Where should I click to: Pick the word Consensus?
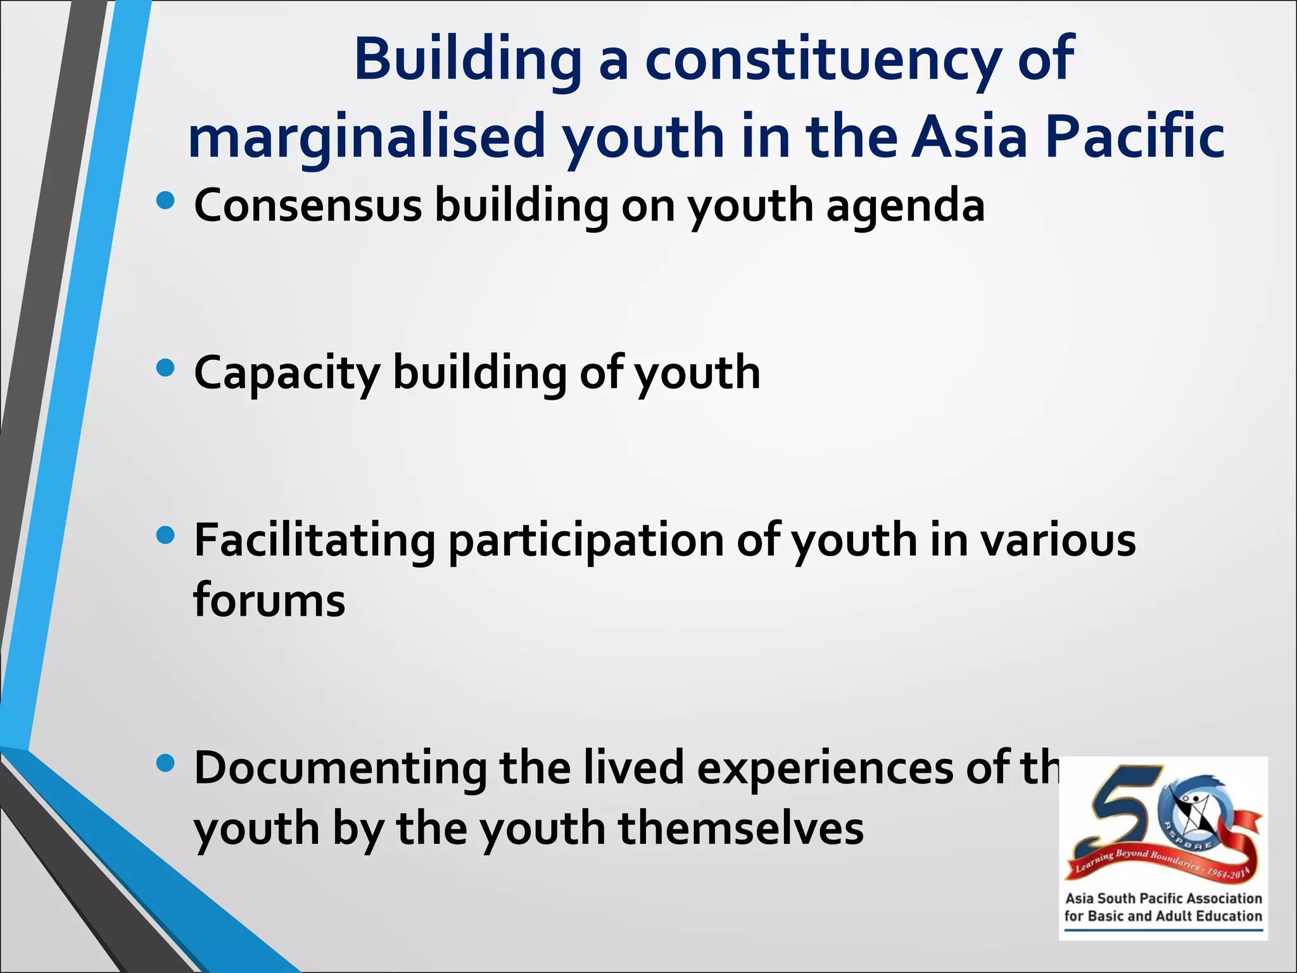click(x=308, y=206)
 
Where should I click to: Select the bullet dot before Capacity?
click(x=165, y=368)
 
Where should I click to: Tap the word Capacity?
click(x=286, y=374)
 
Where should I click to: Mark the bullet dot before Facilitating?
click(x=165, y=536)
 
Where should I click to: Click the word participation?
click(x=586, y=542)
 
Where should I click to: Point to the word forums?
click(x=269, y=600)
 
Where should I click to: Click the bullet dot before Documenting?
click(x=165, y=763)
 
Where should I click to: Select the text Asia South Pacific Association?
click(x=1163, y=898)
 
